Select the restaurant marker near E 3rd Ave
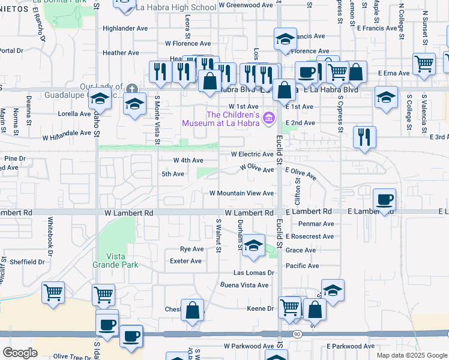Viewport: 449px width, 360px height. pos(364,137)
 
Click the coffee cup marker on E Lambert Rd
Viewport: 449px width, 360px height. pos(384,199)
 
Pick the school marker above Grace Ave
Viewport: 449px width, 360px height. pos(253,245)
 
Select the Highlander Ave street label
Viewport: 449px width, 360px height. pos(125,28)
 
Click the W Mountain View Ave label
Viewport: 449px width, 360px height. pos(241,193)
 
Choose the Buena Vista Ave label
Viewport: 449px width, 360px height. pos(246,286)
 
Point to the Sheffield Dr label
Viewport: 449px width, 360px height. pos(27,262)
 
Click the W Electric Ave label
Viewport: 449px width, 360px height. pos(252,154)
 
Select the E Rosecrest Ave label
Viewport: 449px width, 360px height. pos(309,236)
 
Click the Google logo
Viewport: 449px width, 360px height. pos(20,353)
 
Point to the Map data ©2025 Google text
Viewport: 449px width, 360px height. pos(411,355)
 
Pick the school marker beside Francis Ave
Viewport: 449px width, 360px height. pos(285,40)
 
